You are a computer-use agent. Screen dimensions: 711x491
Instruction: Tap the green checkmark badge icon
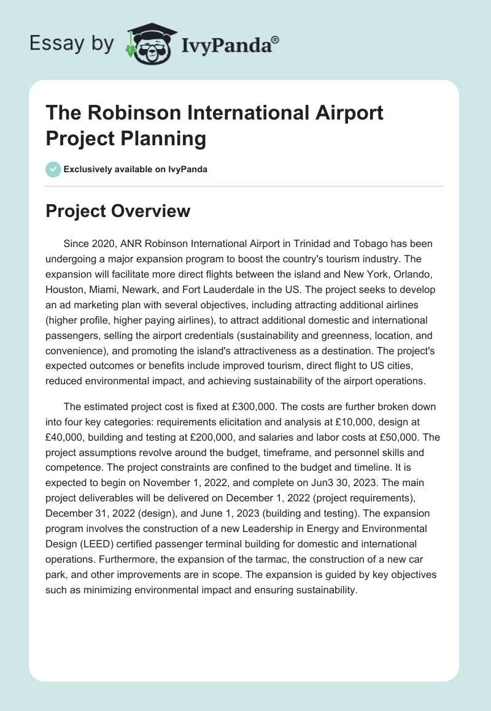click(x=53, y=169)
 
